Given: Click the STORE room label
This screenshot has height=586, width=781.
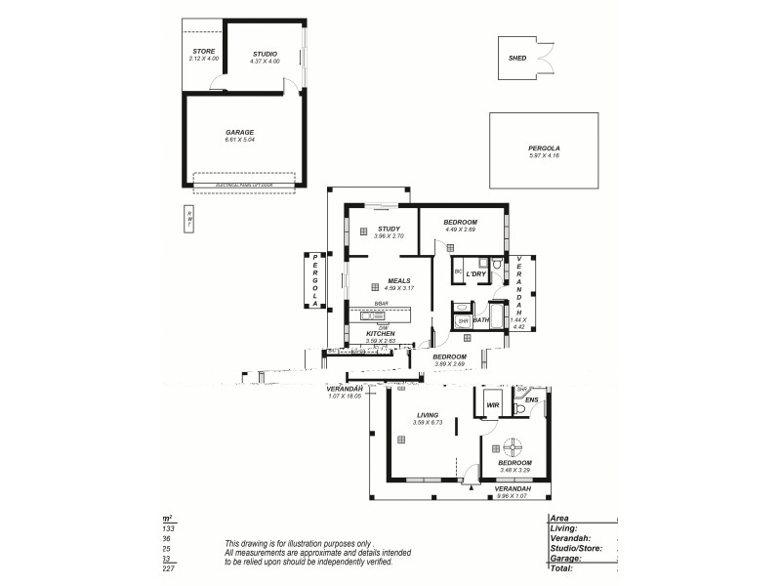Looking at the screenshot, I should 203,51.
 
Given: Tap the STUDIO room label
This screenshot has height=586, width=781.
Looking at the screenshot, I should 265,54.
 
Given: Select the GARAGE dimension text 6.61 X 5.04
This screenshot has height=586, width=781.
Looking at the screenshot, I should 239,140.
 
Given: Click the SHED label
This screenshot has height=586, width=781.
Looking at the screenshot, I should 517,59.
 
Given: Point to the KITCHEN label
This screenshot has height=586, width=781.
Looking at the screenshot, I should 380,333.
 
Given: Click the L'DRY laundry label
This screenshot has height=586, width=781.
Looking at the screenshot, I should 475,274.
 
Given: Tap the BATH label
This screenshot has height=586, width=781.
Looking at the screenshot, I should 481,318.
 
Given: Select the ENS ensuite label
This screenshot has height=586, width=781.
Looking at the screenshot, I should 531,399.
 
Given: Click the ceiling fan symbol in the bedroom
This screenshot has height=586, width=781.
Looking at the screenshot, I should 511,448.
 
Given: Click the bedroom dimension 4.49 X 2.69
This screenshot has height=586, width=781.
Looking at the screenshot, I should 460,230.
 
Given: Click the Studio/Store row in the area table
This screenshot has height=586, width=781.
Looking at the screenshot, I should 576,548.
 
